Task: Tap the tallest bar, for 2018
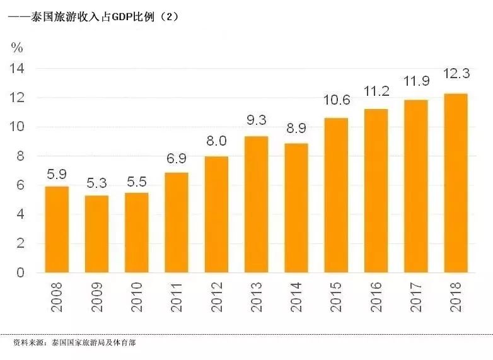click(456, 183)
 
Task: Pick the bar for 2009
click(96, 234)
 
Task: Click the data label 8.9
click(296, 129)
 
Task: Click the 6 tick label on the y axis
click(20, 185)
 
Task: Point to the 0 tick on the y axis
click(20, 273)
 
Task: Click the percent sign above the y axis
click(17, 47)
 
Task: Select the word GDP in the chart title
click(123, 17)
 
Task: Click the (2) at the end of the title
click(168, 17)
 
